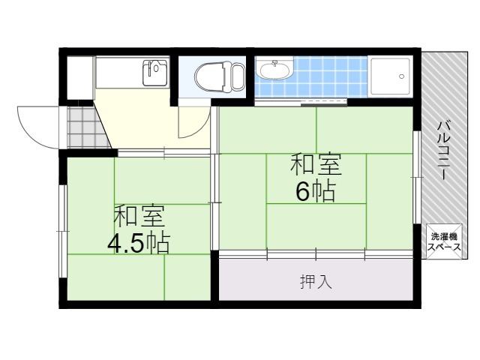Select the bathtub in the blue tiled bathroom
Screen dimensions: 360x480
coord(391,76)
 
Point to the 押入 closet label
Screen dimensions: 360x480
coord(316,282)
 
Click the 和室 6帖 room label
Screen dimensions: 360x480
coord(316,177)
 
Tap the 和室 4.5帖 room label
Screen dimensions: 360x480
coord(140,229)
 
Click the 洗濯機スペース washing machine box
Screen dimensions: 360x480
coord(444,241)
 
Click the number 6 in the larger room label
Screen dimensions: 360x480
coord(302,192)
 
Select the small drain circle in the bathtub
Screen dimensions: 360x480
coord(402,76)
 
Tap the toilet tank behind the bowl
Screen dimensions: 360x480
coord(238,76)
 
